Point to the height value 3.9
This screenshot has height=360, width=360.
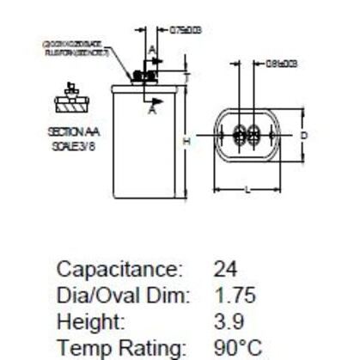click(229, 320)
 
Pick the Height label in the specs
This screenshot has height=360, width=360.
click(84, 320)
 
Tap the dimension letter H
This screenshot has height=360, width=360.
click(185, 139)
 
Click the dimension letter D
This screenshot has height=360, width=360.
click(304, 136)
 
